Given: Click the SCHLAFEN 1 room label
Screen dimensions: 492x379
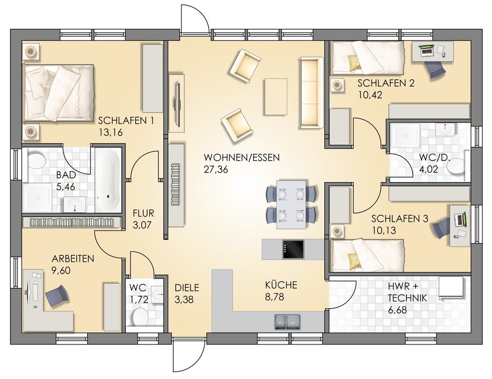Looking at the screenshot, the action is tap(126, 121).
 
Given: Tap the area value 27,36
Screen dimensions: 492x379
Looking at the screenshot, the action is tap(216, 169).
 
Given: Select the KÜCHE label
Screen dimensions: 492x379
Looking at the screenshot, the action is tap(281, 285).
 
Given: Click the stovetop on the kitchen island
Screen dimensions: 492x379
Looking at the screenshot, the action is tap(293, 250).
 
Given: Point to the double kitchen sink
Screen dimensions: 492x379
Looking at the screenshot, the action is tap(287, 322).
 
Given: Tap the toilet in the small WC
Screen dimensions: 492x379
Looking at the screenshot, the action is tap(140, 317).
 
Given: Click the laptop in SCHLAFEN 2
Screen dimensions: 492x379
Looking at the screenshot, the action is tap(427, 50).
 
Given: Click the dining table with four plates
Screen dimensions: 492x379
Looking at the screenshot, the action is tap(291, 204).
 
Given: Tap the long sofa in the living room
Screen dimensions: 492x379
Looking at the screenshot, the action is tap(311, 93).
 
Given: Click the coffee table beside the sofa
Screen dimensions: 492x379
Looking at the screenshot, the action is tap(276, 96).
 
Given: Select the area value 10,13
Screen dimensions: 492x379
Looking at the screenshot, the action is tap(384, 230).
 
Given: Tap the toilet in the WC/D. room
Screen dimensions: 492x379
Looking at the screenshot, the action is tap(456, 166).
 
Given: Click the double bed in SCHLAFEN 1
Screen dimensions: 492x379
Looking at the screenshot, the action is tap(58, 93).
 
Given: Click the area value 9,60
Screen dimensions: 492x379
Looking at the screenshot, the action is tap(61, 270).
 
